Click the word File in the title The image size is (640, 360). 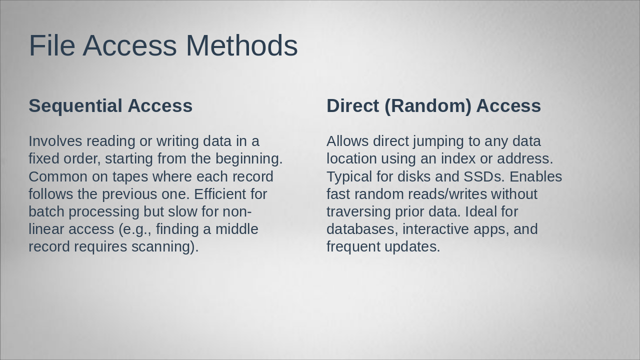(x=52, y=45)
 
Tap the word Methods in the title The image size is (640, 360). (x=241, y=45)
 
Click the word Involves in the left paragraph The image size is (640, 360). (x=55, y=141)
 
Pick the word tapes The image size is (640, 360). (x=130, y=177)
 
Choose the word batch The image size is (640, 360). (x=46, y=211)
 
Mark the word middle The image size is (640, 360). (x=237, y=229)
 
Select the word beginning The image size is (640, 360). (x=249, y=159)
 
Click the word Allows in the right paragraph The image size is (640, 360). (x=347, y=141)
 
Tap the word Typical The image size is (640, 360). (x=349, y=177)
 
